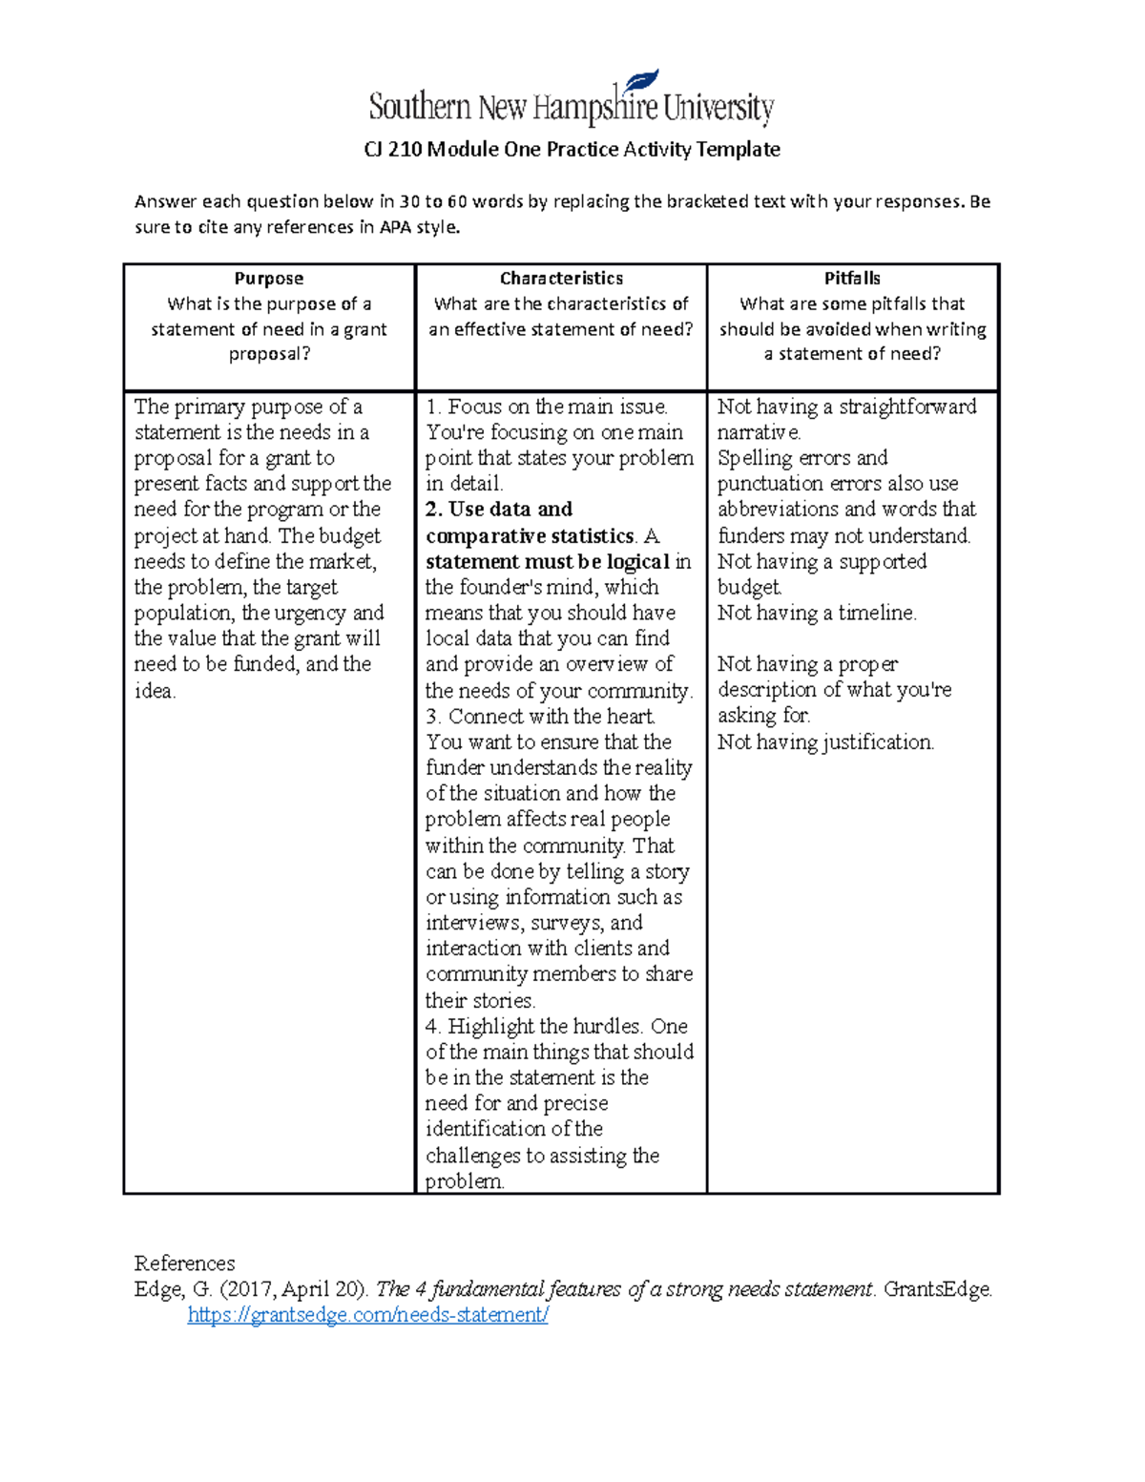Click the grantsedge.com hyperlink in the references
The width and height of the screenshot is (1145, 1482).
tap(367, 1315)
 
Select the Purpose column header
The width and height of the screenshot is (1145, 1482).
tap(268, 279)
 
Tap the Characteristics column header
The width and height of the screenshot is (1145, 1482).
tap(561, 279)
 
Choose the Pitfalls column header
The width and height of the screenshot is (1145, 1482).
tap(852, 279)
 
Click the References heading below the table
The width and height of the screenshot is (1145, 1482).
tap(184, 1263)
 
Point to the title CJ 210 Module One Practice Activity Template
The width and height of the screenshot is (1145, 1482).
tap(572, 149)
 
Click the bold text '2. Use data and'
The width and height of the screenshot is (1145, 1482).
tap(499, 510)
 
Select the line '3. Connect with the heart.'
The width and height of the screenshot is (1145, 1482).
tap(540, 717)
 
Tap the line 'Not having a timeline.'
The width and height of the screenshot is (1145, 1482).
tap(817, 613)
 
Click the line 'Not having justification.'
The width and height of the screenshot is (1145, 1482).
tap(825, 742)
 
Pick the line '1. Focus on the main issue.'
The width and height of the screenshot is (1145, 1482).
tap(547, 407)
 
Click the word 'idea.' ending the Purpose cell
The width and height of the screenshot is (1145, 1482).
tap(155, 691)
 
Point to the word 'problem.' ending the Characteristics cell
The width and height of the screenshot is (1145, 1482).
tap(465, 1181)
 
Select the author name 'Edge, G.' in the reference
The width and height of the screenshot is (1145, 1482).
tap(173, 1289)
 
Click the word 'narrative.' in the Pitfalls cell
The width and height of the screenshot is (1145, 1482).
tap(759, 432)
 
